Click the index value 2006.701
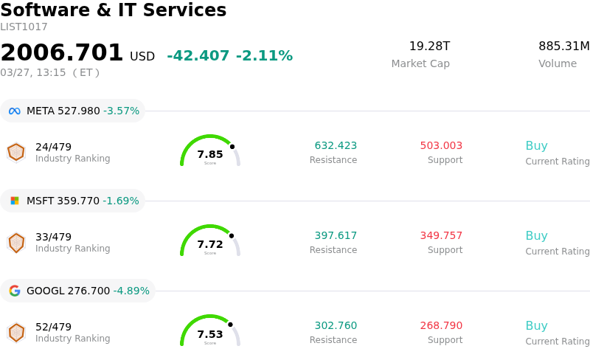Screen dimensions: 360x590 [62, 53]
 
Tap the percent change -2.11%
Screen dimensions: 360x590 [264, 56]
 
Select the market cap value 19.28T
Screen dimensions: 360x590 [429, 46]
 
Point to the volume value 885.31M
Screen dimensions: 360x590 [563, 46]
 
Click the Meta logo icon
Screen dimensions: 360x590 [15, 111]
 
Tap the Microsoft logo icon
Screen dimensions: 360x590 [15, 201]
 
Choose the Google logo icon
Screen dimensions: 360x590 [15, 291]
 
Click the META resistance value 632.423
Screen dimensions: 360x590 [336, 146]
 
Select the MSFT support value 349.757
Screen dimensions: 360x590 [441, 236]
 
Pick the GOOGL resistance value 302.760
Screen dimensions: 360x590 [336, 326]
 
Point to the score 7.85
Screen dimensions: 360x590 [210, 155]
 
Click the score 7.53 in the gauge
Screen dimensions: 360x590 [210, 335]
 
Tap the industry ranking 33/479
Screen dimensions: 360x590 [53, 237]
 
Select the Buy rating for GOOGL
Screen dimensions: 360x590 [536, 326]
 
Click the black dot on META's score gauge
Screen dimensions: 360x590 [232, 146]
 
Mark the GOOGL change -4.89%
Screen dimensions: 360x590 [131, 291]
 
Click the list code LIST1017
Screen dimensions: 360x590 [24, 27]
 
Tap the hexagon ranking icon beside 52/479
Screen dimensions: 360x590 [16, 333]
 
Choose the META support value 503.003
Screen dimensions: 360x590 [441, 146]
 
